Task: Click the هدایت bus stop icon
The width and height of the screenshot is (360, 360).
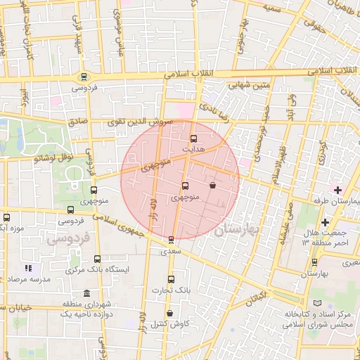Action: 194,139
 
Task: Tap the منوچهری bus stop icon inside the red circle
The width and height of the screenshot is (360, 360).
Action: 185,186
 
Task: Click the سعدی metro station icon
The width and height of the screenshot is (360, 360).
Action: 172,240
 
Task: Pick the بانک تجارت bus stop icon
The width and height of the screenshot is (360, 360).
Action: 171,279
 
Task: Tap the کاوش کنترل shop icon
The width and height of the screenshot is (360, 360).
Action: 169,313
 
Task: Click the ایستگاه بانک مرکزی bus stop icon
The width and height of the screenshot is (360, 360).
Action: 97,259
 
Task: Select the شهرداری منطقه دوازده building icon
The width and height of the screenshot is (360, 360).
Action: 86,293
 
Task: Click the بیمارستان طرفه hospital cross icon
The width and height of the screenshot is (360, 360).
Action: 337,190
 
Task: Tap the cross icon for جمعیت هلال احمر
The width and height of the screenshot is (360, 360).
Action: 325,223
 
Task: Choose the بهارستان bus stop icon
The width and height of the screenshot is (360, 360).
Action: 314,262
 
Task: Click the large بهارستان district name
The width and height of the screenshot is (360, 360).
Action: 238,229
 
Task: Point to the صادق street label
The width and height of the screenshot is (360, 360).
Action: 78,121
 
